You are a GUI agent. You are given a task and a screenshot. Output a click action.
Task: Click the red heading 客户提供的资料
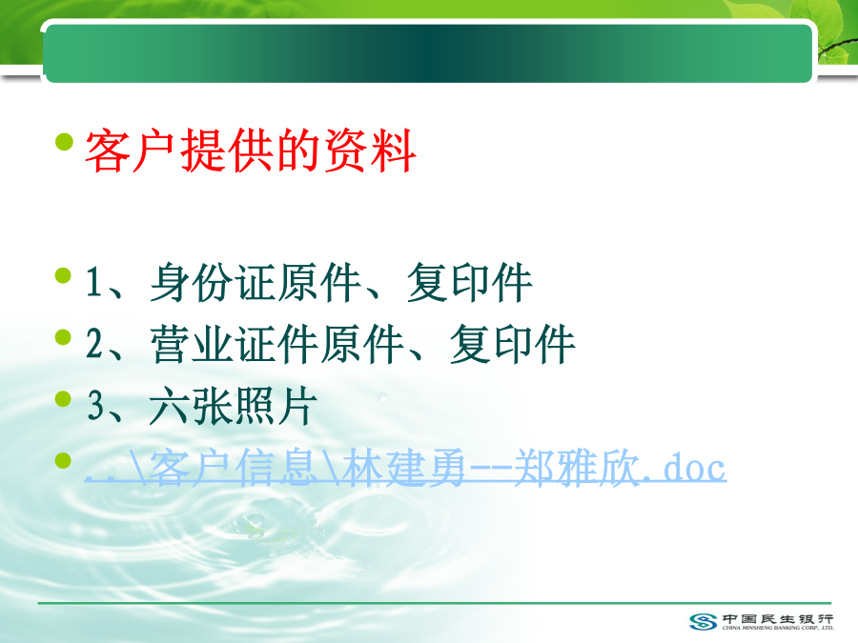click(251, 151)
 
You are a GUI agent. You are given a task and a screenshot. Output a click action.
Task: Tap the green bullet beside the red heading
click(64, 142)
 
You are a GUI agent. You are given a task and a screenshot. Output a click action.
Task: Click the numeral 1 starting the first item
click(93, 282)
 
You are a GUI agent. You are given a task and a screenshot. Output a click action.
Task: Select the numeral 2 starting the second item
click(94, 344)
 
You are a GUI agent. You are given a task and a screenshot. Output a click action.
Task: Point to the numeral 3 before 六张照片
click(95, 406)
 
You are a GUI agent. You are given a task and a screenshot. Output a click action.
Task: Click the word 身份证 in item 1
click(213, 282)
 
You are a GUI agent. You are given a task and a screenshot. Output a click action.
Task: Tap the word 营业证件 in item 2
click(235, 344)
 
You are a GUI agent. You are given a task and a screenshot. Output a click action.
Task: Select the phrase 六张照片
click(234, 406)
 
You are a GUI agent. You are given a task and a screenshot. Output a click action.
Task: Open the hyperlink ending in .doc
click(405, 468)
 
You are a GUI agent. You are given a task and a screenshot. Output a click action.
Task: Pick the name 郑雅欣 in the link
click(578, 468)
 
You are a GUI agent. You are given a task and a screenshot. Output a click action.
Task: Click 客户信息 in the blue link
click(235, 468)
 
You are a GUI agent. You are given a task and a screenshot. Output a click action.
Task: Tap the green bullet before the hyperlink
click(64, 460)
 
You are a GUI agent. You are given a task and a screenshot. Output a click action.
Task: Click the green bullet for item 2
click(64, 337)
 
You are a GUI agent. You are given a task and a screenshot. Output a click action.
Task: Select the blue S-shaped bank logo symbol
click(704, 622)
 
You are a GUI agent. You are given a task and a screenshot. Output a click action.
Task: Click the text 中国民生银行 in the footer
click(778, 619)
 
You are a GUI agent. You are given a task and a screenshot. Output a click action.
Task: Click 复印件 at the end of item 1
click(469, 282)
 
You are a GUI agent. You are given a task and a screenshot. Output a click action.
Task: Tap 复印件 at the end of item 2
click(512, 344)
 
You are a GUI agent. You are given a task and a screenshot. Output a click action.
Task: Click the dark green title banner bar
click(427, 53)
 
